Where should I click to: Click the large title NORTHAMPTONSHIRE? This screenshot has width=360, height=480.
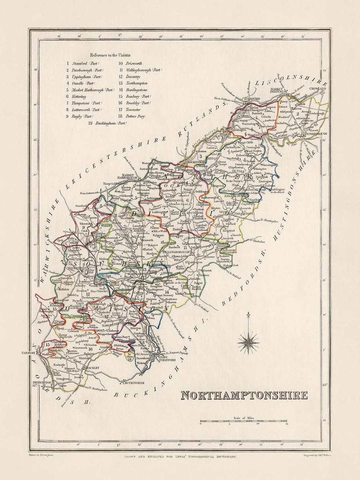point(244,395)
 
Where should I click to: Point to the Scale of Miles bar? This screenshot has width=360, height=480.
point(243,421)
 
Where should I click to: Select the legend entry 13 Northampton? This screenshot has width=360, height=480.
point(133,83)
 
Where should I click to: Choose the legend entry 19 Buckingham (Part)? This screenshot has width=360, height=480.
point(107,123)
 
